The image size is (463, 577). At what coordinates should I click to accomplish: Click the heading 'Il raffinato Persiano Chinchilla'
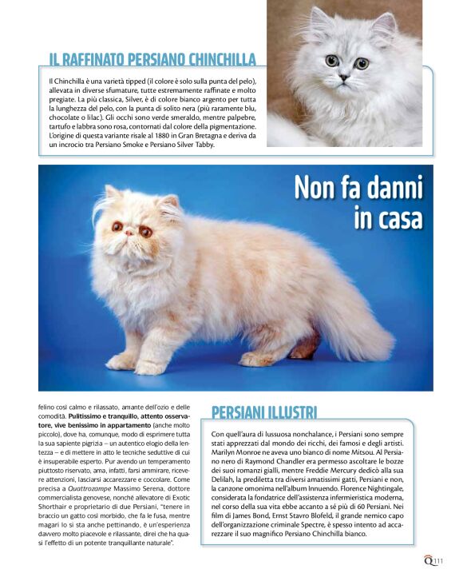pyautogui.click(x=152, y=60)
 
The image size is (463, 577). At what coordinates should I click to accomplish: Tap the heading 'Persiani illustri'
pyautogui.click(x=264, y=412)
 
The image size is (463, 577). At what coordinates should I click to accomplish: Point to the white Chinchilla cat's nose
pyautogui.click(x=344, y=77)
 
